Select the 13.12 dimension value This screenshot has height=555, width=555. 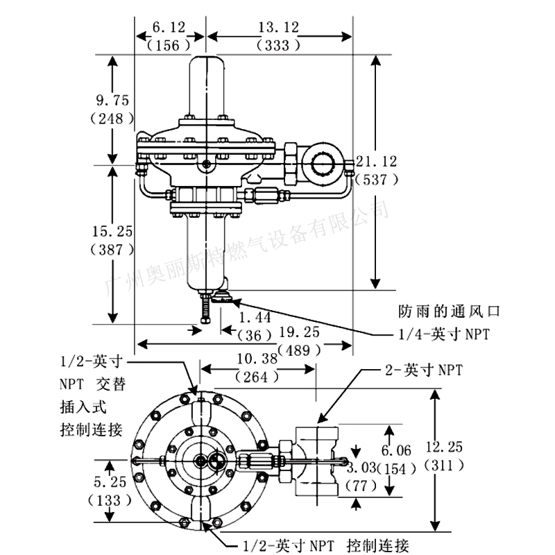click(279, 27)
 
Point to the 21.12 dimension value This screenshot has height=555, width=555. click(376, 162)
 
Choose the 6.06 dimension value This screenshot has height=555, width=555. click(391, 450)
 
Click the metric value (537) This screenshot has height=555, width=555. click(376, 180)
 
